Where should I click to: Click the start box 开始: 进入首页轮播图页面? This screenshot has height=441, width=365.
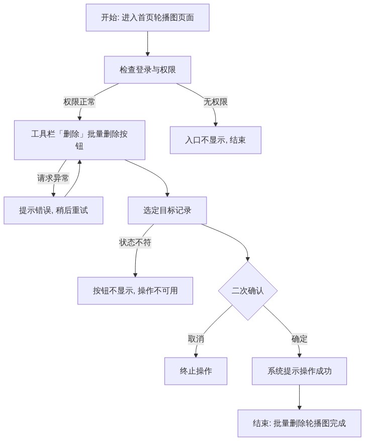point(147,18)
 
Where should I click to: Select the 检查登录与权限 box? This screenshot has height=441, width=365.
point(147,70)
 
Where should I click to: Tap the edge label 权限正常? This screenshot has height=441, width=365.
point(79,102)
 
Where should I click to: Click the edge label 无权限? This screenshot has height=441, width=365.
point(216,102)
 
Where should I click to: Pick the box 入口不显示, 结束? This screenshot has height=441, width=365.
point(216,140)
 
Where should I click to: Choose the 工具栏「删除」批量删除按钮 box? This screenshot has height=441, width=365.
point(79,140)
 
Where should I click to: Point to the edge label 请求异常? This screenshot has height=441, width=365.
point(53,178)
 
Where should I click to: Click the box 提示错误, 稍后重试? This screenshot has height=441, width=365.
point(53,210)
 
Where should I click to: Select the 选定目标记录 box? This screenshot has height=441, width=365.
point(167,210)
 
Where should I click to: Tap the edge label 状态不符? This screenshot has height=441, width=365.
point(135,243)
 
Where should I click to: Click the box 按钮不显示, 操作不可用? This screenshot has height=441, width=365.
point(135,291)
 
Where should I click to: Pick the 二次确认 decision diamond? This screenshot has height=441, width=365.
point(248,291)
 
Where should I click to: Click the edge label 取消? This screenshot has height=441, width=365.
point(196,339)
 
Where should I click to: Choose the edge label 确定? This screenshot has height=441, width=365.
point(299,339)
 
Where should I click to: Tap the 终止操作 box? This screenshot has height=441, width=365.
point(196,371)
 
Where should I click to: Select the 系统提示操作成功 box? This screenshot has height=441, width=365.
point(299,371)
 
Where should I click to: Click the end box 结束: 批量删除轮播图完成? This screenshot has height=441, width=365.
point(299,423)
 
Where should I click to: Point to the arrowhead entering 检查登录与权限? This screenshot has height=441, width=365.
point(147,54)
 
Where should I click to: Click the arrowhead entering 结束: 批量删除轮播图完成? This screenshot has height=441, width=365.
point(299,408)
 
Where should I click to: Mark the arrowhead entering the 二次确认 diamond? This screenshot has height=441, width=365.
point(248,259)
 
